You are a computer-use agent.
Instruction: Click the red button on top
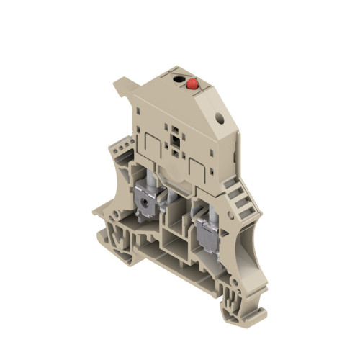pos(193,84)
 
